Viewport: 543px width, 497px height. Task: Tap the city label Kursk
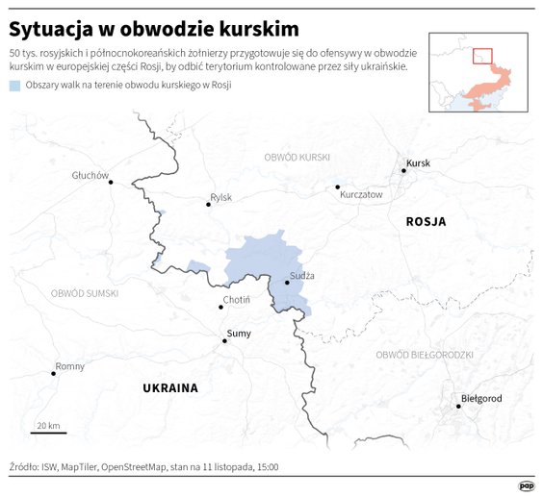(418, 163)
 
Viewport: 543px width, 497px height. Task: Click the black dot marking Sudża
(287, 283)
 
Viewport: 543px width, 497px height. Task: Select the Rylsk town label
(220, 197)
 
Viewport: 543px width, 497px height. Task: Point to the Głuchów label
(90, 175)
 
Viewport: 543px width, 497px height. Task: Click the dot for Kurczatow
(338, 187)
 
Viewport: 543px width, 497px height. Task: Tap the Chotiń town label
(236, 300)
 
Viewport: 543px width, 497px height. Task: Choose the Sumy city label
(238, 333)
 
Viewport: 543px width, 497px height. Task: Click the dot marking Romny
(54, 373)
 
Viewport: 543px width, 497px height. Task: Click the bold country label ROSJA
(426, 221)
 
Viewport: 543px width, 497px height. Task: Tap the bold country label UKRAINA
(169, 388)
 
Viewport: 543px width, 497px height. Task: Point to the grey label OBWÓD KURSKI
(297, 156)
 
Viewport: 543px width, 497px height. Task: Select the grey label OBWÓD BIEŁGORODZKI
(425, 355)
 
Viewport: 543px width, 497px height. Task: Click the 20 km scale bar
(48, 432)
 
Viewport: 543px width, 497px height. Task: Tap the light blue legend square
(14, 86)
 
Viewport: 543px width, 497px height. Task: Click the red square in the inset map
(482, 57)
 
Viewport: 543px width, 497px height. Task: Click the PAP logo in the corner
(526, 485)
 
